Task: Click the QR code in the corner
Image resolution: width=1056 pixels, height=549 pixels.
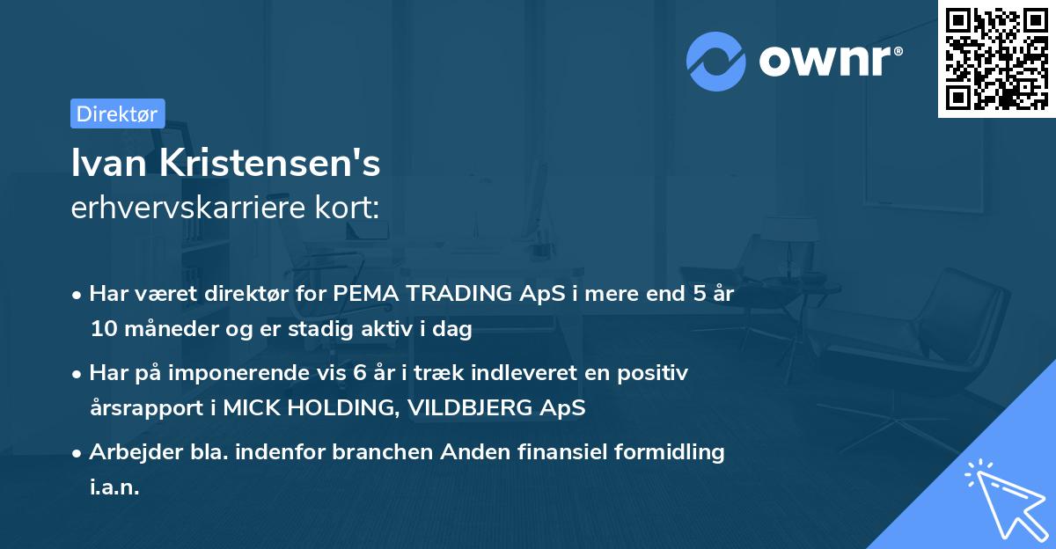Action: (x=996, y=59)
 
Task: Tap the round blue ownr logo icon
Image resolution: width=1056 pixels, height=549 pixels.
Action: (x=716, y=61)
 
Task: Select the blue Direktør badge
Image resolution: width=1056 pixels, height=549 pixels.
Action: (x=117, y=113)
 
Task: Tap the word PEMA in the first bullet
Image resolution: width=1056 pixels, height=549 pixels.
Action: (x=363, y=294)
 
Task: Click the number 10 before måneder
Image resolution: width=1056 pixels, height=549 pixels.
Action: (x=102, y=330)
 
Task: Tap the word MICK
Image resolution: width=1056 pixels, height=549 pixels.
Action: (x=253, y=408)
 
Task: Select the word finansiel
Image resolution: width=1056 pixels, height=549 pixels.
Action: (x=564, y=452)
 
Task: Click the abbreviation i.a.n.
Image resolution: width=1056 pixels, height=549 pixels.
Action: (x=114, y=487)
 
